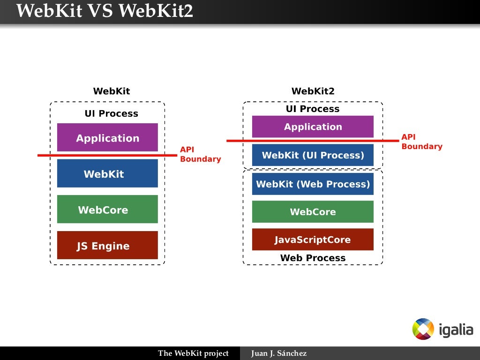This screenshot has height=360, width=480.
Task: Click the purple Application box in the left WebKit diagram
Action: pos(107,137)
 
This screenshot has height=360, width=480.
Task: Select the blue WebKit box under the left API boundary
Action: pos(107,173)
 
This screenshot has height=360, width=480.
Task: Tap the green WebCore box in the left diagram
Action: pos(107,209)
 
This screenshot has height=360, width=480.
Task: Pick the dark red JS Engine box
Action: pos(107,245)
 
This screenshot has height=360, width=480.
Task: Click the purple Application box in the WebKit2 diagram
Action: pos(313,127)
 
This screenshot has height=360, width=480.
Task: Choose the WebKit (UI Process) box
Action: pos(313,155)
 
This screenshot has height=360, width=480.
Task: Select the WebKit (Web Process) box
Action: pos(313,184)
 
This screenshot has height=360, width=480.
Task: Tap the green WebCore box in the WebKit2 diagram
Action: pos(313,211)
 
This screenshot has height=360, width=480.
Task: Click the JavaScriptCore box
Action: pos(313,240)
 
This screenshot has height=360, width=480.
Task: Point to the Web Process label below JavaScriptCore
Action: pos(313,258)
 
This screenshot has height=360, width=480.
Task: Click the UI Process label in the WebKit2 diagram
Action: pos(313,109)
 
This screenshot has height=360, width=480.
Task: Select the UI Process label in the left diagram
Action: pos(112,113)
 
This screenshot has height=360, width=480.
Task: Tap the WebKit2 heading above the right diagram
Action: pos(313,91)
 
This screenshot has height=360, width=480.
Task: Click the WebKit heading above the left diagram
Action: pos(112,91)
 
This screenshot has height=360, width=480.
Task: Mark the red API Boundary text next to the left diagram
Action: pos(200,154)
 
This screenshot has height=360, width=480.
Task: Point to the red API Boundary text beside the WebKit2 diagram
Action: pos(422,142)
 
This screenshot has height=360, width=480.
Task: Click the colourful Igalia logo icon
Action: pos(423,329)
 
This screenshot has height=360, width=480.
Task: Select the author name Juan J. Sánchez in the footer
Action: pos(279,353)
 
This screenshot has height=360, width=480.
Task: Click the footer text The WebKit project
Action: pos(193,353)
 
